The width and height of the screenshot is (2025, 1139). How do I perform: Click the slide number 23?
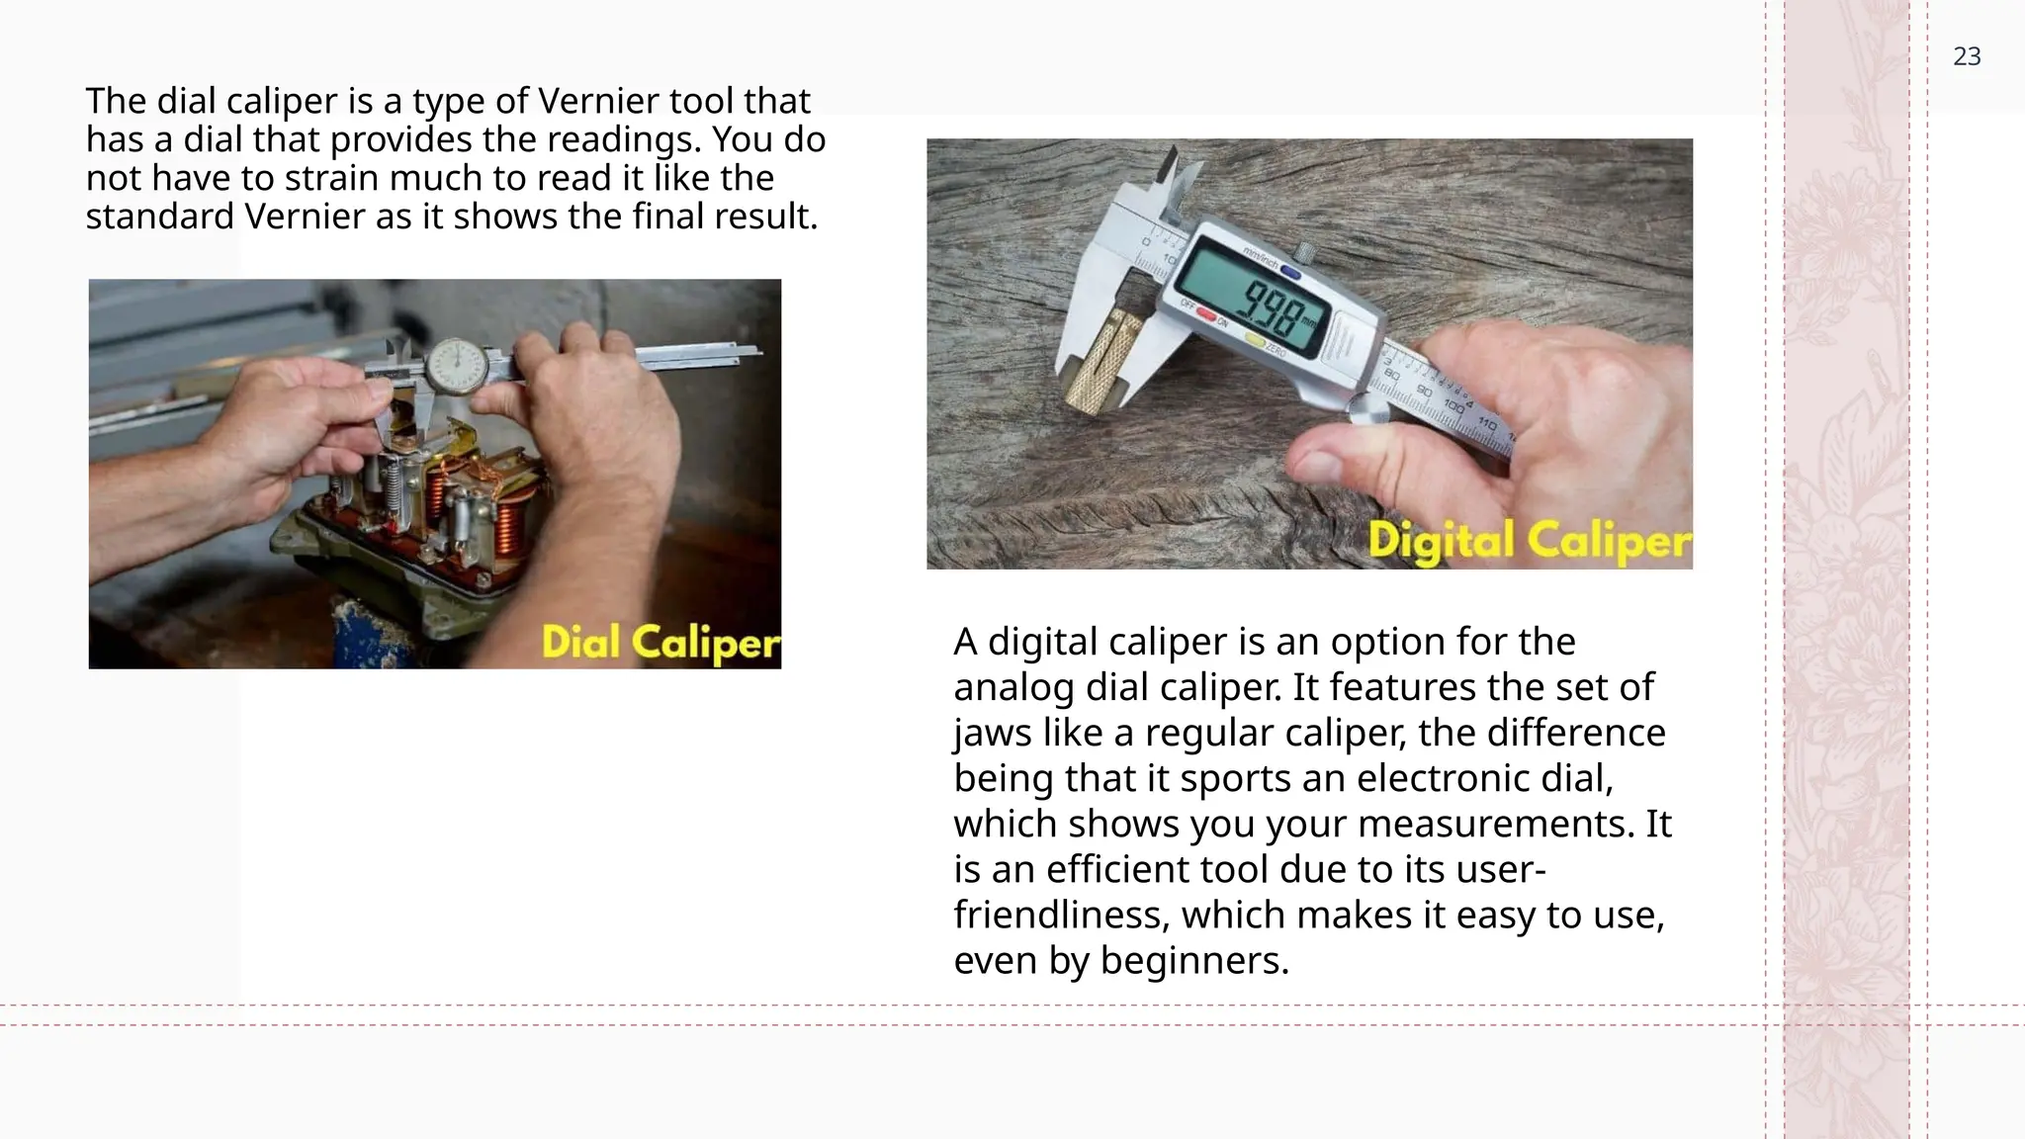coord(1966,57)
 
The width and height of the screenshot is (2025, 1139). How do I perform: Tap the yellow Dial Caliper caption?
coord(660,643)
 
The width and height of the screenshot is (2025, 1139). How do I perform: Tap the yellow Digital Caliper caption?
coord(1529,541)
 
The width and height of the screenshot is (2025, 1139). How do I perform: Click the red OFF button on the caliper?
coord(1206,313)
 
